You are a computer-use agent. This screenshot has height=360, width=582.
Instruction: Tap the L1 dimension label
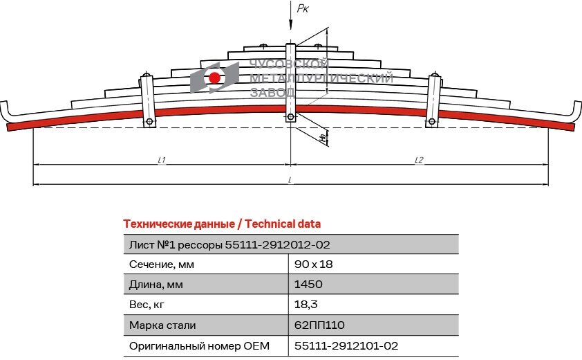161,160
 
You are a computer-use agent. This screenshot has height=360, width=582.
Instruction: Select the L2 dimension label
419,160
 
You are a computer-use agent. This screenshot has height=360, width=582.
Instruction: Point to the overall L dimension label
290,180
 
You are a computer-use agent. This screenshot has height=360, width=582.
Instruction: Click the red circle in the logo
215,78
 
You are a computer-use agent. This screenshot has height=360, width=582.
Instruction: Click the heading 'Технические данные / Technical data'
221,224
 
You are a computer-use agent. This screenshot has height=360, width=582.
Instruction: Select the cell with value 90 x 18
314,264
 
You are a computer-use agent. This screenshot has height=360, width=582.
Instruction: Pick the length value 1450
308,284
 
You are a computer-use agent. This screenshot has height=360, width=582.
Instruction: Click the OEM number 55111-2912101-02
346,345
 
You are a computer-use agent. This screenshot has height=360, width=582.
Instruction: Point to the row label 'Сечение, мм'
162,264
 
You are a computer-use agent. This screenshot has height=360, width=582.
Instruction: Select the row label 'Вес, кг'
148,304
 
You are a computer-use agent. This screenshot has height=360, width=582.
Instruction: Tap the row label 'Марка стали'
162,324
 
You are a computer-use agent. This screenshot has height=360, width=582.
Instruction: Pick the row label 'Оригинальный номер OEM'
198,345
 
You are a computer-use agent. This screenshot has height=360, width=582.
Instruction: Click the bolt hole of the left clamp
149,123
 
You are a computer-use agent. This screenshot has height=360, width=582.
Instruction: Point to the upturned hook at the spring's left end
6,111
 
